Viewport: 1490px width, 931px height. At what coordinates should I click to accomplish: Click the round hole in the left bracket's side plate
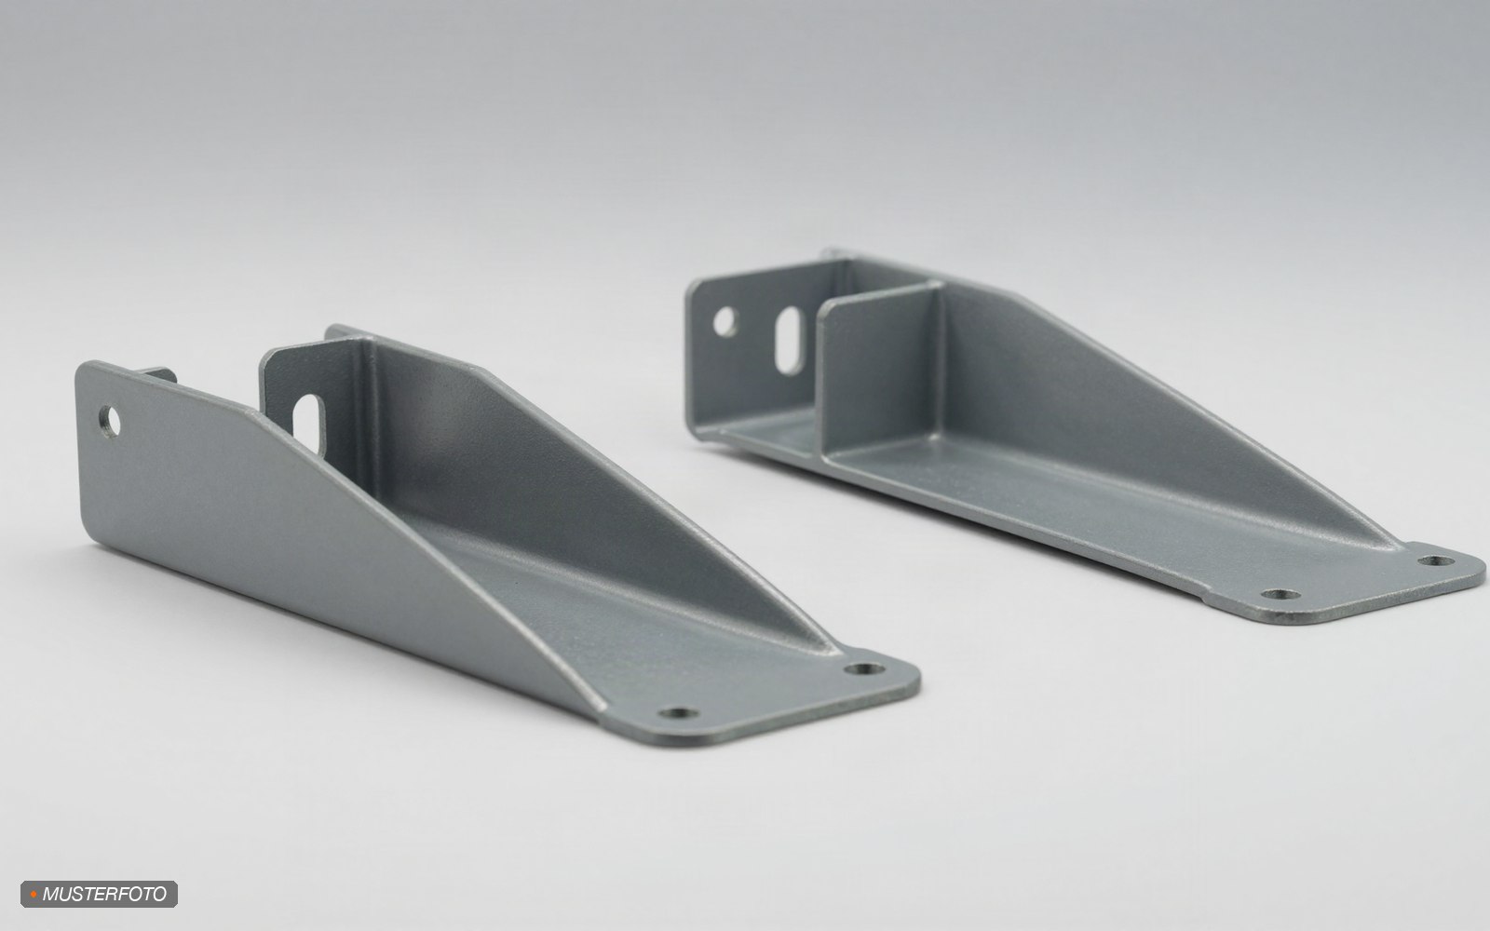(x=110, y=422)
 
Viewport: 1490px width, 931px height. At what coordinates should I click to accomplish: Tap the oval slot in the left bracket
(x=308, y=424)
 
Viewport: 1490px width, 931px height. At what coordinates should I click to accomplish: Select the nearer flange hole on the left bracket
(x=678, y=713)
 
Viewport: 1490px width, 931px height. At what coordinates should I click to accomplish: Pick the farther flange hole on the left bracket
(x=864, y=668)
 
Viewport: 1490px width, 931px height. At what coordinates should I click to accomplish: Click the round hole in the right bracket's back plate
(x=725, y=321)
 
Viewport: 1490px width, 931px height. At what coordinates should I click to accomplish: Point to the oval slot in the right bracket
(x=790, y=340)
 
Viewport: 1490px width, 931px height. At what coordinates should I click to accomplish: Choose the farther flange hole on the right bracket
(x=1436, y=560)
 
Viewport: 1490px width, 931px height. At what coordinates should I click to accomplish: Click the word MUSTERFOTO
(x=104, y=894)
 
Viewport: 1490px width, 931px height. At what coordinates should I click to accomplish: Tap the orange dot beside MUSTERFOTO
(x=34, y=895)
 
